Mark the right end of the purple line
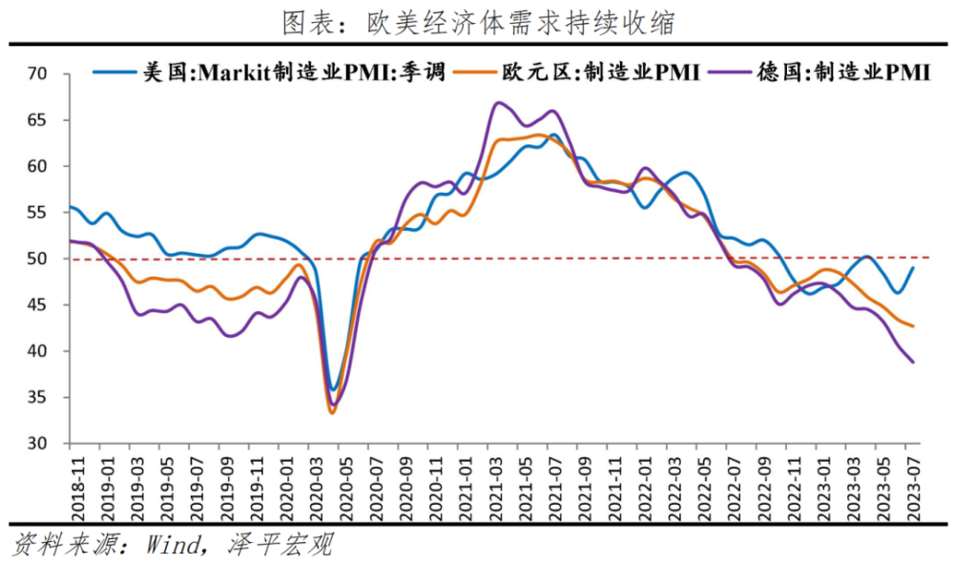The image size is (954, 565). click(x=913, y=362)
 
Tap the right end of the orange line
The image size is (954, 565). click(x=913, y=326)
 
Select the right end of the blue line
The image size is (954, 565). click(x=913, y=268)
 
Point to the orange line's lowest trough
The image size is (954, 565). click(x=332, y=412)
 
